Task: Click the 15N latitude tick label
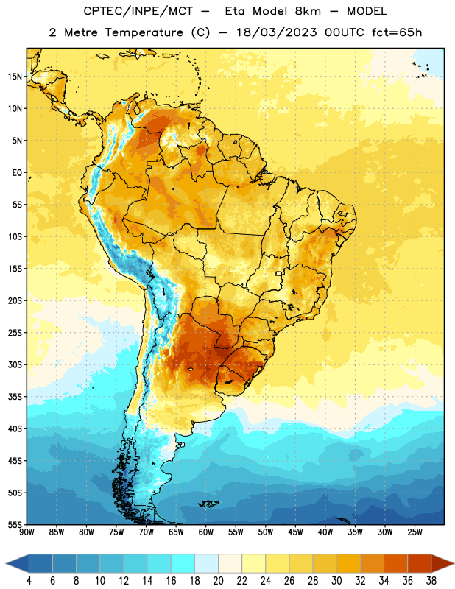[x=15, y=77]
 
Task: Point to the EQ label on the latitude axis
[x=17, y=173]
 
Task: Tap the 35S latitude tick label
[x=15, y=397]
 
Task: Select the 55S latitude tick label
[x=15, y=524]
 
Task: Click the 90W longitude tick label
[x=27, y=532]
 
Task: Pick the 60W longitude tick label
[x=206, y=532]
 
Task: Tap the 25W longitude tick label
[x=415, y=532]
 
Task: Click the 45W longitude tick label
[x=295, y=532]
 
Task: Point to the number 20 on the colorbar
[x=218, y=581]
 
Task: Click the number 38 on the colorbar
[x=431, y=581]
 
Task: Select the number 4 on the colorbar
[x=29, y=581]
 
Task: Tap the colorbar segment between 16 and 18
[x=183, y=563]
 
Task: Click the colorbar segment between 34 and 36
[x=395, y=563]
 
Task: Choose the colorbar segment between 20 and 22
[x=230, y=563]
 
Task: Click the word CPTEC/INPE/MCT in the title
[x=138, y=11]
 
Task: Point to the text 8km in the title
[x=308, y=11]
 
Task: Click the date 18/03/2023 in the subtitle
[x=277, y=32]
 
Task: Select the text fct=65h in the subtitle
[x=397, y=32]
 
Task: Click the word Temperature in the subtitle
[x=144, y=32]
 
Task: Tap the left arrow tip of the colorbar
[x=6, y=563]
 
